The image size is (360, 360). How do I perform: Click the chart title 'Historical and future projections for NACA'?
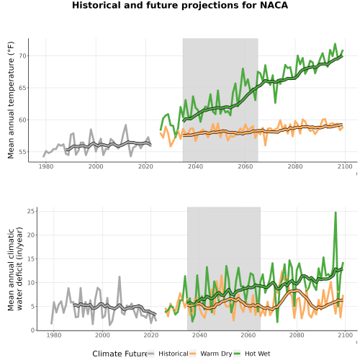click(180, 5)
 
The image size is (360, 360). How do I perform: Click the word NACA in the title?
click(274, 5)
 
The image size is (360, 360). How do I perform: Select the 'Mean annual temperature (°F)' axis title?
click(11, 100)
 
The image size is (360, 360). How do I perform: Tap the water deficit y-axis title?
click(15, 269)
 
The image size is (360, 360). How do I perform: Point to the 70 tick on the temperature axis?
click(22, 56)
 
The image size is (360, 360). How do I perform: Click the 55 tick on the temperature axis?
click(22, 152)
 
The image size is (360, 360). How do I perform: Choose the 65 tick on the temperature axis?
click(22, 88)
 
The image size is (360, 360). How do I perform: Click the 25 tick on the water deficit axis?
click(31, 211)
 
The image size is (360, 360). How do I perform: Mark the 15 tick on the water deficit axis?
click(31, 258)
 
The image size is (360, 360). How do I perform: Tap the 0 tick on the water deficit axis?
click(33, 330)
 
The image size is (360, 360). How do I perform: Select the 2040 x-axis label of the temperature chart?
click(195, 166)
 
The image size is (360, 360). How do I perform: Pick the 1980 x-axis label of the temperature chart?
click(46, 166)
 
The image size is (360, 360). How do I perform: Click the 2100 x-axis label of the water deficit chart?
click(345, 335)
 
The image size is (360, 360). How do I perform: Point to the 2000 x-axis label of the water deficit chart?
click(102, 335)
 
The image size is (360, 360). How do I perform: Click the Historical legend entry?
click(168, 354)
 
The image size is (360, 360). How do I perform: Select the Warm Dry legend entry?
click(211, 354)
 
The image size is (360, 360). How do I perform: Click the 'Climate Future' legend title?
click(120, 354)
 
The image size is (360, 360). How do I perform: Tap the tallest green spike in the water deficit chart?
click(336, 212)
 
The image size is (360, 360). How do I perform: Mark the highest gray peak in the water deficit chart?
click(120, 276)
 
